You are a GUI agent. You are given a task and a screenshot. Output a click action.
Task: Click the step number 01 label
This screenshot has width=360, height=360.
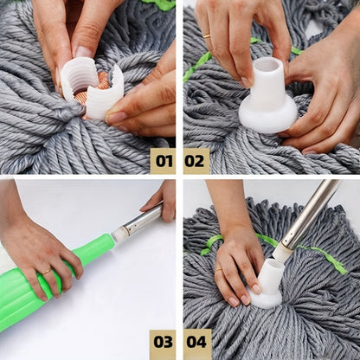162,160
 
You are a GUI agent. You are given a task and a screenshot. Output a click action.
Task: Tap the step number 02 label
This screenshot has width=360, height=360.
196,160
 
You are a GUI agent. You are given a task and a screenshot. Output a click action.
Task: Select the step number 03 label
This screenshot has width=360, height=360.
162,343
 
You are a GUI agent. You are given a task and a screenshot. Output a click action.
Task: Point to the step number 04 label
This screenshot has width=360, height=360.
196,343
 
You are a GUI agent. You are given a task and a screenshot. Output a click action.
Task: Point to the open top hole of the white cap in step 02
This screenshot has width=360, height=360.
267,65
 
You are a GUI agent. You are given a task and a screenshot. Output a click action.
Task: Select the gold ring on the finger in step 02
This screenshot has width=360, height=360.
206,35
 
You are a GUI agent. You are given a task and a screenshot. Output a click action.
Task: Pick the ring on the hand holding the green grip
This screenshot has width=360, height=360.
46,272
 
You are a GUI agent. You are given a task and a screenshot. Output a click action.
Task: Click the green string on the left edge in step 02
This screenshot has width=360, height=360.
196,66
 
